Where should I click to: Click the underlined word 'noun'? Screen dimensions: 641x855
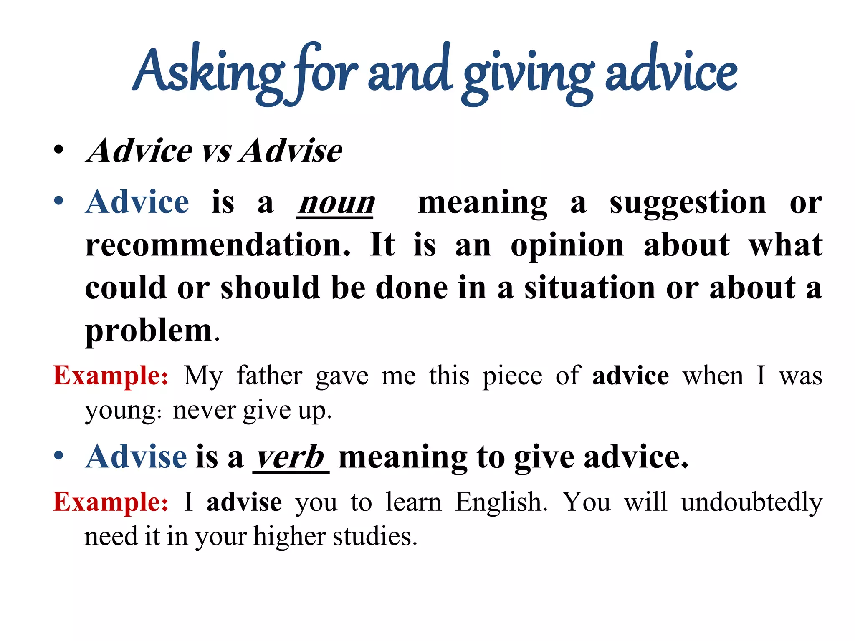tap(336, 204)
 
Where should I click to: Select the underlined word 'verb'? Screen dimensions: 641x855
tap(291, 457)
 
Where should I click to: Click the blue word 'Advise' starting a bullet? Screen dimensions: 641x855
tap(136, 457)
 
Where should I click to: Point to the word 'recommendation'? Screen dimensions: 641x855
tap(217, 245)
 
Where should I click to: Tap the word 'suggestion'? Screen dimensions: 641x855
tap(688, 204)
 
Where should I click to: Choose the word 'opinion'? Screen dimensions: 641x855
tap(567, 245)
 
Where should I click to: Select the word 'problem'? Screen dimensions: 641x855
tap(149, 331)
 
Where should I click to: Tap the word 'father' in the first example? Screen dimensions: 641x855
tap(269, 376)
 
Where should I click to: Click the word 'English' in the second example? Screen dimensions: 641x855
tap(500, 502)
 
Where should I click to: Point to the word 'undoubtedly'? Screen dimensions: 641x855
tap(751, 502)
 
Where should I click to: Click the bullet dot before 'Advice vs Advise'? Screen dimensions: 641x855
tap(59, 150)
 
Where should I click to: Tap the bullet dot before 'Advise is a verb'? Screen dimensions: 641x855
tap(59, 456)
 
